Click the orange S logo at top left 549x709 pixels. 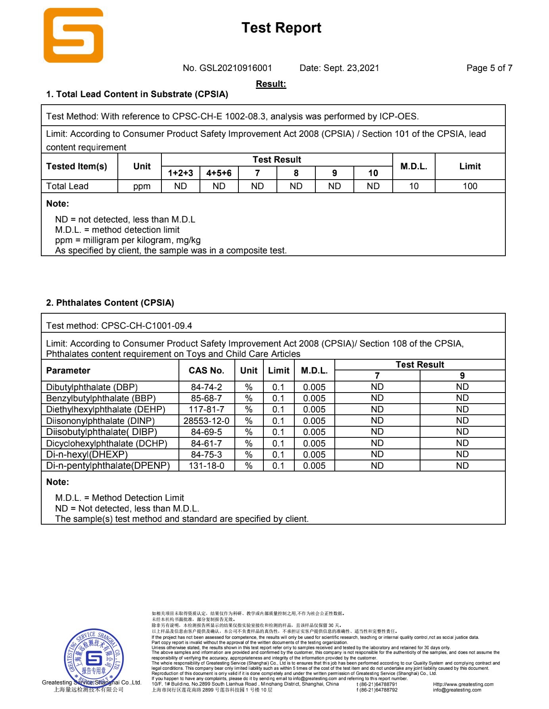[x=73, y=35]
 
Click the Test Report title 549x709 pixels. [x=281, y=28]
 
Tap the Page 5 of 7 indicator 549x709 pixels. [x=489, y=68]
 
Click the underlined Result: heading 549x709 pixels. [x=271, y=84]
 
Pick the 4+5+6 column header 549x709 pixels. [x=219, y=173]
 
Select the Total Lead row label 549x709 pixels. [x=67, y=186]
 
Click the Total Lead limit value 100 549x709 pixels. [x=470, y=186]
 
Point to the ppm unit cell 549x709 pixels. [x=142, y=186]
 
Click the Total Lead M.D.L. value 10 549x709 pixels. [x=414, y=186]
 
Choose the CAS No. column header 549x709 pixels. [x=206, y=371]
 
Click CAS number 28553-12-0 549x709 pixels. [x=206, y=421]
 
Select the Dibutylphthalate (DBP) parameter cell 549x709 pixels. [x=92, y=387]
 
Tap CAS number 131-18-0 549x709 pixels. [x=206, y=466]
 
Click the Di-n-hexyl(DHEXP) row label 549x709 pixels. [x=87, y=455]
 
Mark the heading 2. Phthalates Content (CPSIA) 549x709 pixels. [x=110, y=303]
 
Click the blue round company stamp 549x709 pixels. [x=94, y=659]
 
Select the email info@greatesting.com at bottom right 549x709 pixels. [x=457, y=690]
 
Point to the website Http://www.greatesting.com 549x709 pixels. [x=463, y=684]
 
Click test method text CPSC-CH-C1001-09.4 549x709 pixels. [x=146, y=326]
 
